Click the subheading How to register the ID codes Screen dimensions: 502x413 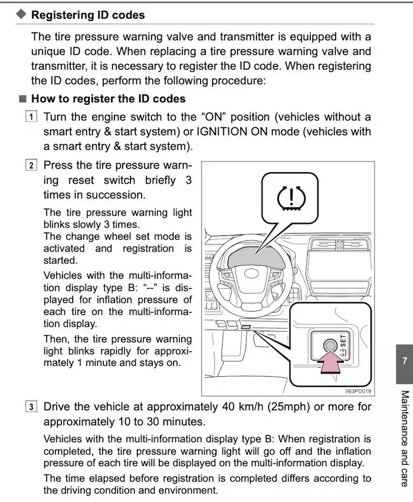coord(108,98)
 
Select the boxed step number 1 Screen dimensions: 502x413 coord(32,117)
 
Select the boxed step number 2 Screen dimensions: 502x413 coord(32,166)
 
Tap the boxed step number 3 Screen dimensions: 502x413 coord(32,407)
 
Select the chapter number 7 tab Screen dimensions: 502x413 coord(403,360)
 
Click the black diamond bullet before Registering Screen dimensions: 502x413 coord(21,15)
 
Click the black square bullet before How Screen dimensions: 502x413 coord(22,99)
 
